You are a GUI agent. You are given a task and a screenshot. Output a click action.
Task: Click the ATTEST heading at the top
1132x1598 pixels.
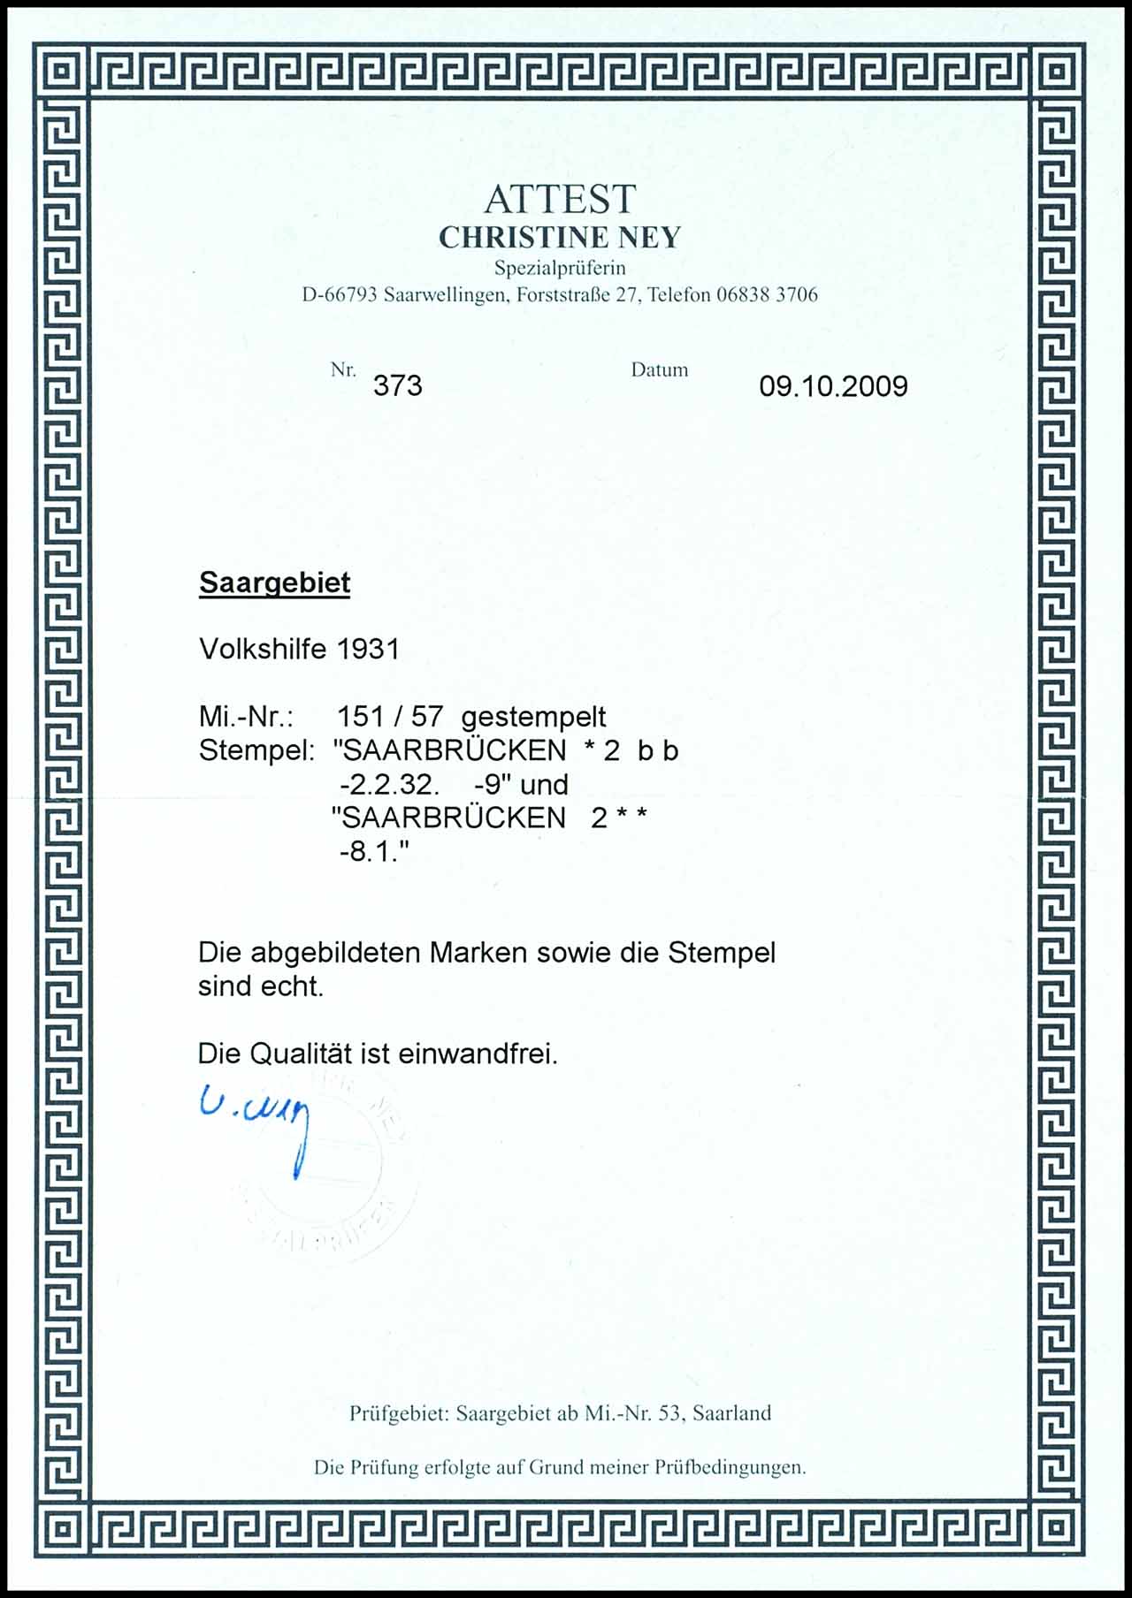[x=559, y=200]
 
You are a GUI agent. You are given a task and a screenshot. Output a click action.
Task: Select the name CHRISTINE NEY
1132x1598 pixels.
[x=560, y=238]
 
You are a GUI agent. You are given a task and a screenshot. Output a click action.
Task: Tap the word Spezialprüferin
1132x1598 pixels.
[x=560, y=268]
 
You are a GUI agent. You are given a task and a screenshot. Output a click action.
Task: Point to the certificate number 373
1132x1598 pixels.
[x=397, y=386]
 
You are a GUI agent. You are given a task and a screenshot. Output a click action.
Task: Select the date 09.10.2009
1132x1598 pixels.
[x=833, y=386]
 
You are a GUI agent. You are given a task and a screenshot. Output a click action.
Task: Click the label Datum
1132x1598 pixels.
[x=659, y=370]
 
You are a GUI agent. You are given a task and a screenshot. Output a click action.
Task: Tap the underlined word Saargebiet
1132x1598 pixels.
[x=274, y=583]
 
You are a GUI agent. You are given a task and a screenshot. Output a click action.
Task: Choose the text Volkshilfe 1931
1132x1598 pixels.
[x=299, y=650]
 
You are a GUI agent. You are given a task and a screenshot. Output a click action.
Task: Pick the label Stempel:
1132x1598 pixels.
[x=256, y=750]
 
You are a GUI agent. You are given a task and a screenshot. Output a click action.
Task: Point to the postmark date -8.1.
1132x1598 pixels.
[x=372, y=853]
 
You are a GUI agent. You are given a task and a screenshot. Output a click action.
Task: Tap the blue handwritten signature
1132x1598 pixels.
[x=256, y=1119]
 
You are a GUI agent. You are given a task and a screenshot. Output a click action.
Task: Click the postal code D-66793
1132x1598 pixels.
[x=339, y=295]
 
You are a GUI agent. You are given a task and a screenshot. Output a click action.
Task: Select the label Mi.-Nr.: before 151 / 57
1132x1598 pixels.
[x=246, y=717]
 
